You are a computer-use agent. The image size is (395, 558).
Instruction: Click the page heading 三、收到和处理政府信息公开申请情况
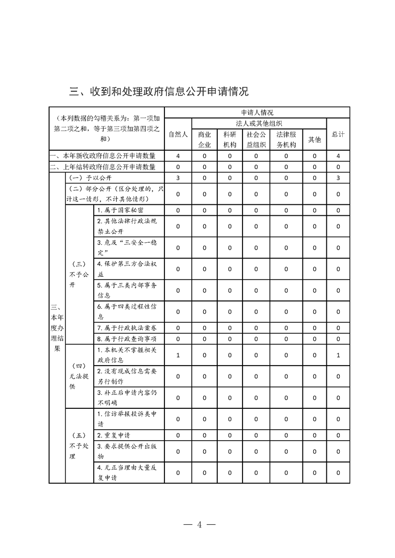(158, 92)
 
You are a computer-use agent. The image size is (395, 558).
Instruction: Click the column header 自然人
(178, 134)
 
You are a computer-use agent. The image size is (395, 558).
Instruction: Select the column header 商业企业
(204, 140)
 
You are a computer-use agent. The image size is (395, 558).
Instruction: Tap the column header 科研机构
(230, 140)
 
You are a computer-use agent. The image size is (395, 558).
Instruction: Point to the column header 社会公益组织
(256, 140)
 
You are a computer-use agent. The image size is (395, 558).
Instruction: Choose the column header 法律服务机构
(286, 140)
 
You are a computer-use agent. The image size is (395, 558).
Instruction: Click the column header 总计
(338, 134)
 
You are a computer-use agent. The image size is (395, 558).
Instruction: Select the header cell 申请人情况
(257, 112)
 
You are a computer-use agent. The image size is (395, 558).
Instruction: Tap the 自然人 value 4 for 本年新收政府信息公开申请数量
(178, 156)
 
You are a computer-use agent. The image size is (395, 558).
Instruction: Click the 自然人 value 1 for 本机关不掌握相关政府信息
(178, 355)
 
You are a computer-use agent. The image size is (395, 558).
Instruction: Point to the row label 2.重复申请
(114, 435)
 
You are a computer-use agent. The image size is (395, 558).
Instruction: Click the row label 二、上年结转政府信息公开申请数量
(107, 167)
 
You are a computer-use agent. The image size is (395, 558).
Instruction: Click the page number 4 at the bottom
(198, 525)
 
